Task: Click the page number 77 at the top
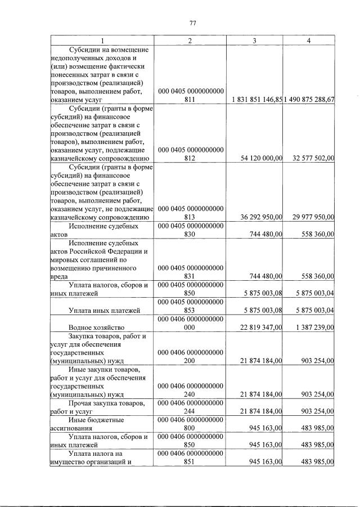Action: click(x=192, y=23)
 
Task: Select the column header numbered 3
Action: click(x=255, y=41)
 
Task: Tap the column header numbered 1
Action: click(x=102, y=41)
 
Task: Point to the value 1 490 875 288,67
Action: click(x=309, y=99)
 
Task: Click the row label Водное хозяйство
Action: click(x=96, y=327)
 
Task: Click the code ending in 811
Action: click(x=191, y=95)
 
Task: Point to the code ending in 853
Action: click(x=191, y=306)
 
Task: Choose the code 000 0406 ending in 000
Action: click(x=191, y=322)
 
